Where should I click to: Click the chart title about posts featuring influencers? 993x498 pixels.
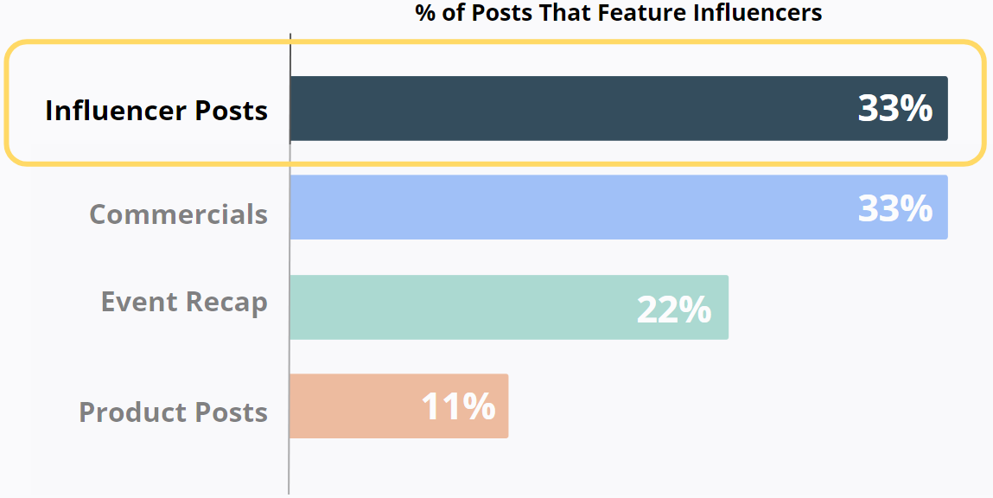point(618,13)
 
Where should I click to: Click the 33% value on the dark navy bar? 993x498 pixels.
point(894,109)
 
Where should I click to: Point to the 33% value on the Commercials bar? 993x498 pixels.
point(894,208)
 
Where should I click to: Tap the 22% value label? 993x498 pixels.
point(674,309)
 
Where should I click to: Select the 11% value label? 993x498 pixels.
point(458,406)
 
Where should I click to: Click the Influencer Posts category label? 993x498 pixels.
point(156,111)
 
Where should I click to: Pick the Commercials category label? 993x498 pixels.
point(178,214)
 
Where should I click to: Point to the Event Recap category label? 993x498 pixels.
point(184,303)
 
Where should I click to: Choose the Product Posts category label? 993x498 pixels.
point(173,412)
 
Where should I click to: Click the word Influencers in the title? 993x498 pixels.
point(757,13)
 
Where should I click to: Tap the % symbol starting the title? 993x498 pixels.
point(424,13)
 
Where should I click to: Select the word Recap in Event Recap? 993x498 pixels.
point(226,303)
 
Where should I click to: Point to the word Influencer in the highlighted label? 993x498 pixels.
point(116,111)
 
